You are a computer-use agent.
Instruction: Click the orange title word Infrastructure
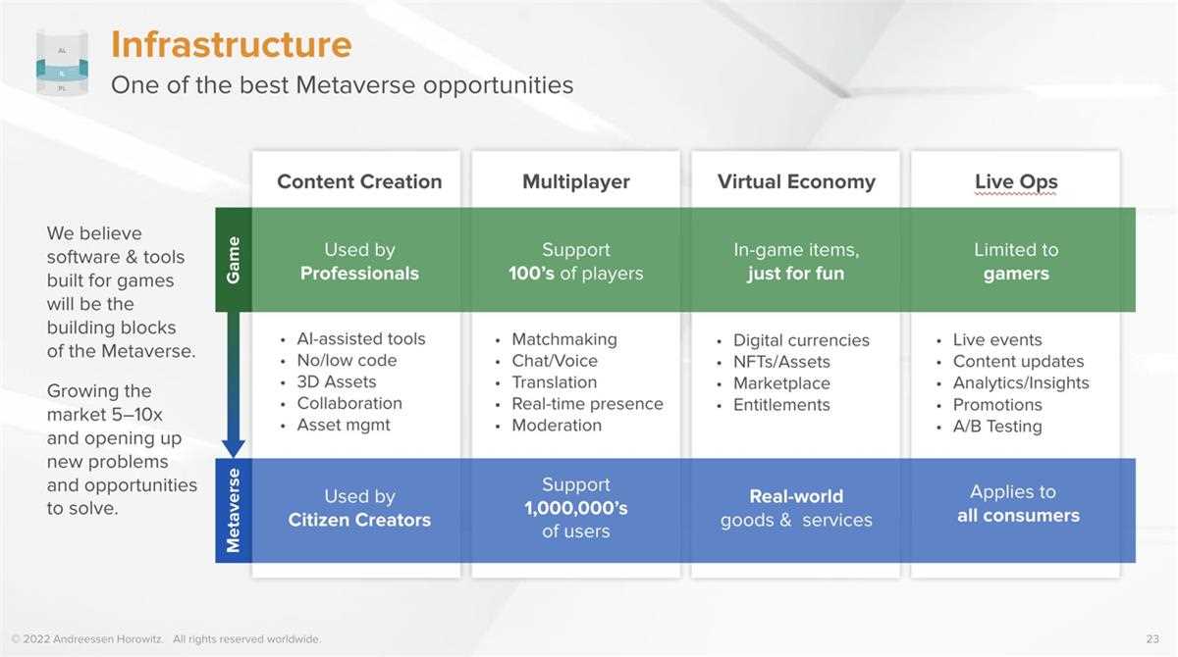(232, 45)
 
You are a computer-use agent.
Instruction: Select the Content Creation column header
(359, 181)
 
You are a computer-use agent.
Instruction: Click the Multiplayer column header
(576, 181)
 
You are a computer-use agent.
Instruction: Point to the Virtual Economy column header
(796, 181)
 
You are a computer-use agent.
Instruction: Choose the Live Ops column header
(1016, 181)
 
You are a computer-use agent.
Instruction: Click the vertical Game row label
(234, 260)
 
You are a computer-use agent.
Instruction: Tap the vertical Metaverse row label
(234, 511)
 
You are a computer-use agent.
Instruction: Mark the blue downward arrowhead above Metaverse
(234, 448)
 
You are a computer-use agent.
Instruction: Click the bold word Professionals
(359, 274)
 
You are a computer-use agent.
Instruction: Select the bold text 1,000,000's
(576, 508)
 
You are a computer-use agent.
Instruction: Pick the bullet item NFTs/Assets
(781, 362)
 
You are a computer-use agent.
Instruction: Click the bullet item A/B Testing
(997, 427)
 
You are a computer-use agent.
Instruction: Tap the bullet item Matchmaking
(564, 340)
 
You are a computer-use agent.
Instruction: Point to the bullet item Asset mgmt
(344, 425)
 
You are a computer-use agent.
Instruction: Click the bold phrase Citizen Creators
(359, 520)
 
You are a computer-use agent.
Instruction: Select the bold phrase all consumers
(1018, 516)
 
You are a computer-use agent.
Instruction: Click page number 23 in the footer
(1152, 639)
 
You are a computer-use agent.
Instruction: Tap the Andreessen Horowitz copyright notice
(166, 639)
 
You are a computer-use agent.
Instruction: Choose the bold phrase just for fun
(796, 274)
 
